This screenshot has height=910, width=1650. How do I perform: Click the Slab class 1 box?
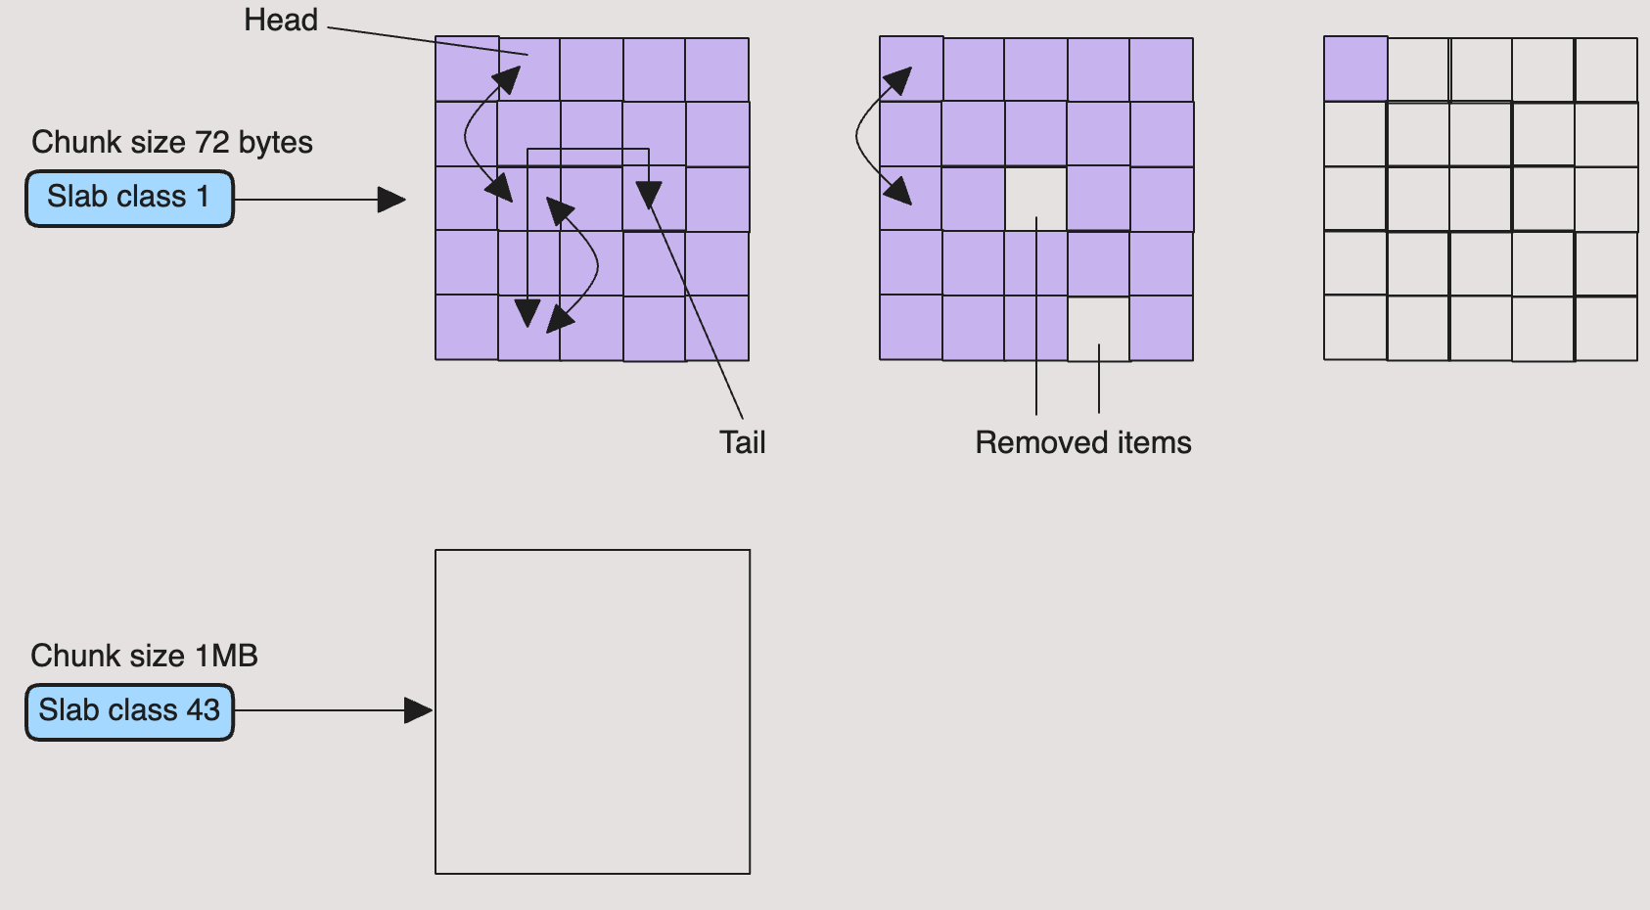pos(129,199)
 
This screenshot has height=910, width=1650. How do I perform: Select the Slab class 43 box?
pos(129,711)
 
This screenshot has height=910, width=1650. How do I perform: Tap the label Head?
pos(281,21)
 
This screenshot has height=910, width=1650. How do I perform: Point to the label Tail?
pos(742,442)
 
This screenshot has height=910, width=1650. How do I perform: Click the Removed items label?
pos(1082,442)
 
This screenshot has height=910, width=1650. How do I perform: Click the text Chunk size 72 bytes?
pos(171,143)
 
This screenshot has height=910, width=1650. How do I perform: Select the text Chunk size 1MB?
pos(144,656)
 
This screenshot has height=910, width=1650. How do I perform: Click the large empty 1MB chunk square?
pos(592,711)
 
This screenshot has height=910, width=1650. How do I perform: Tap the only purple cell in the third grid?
pos(1355,69)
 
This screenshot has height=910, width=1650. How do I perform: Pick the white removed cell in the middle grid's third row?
pos(1035,199)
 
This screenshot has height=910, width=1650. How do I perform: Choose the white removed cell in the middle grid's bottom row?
pos(1098,329)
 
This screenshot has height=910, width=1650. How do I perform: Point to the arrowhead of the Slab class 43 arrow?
pos(420,711)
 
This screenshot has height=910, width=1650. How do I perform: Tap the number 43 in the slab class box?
pos(203,709)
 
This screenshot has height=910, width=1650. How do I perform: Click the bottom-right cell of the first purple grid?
pos(717,328)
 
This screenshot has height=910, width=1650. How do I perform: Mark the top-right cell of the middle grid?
pos(1161,69)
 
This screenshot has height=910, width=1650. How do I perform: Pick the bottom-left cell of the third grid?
pos(1355,328)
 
